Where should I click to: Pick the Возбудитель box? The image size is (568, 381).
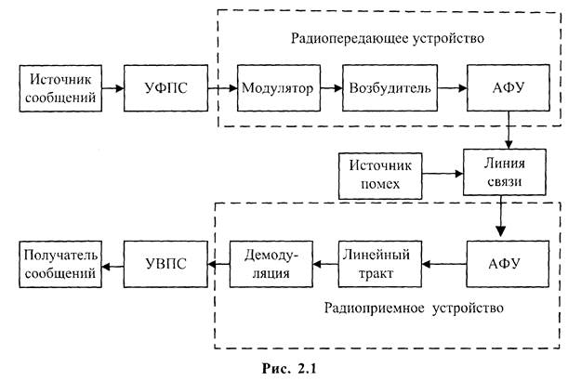[x=390, y=89]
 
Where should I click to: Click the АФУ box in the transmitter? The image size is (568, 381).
[x=504, y=89]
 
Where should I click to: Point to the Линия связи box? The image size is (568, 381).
[x=502, y=171]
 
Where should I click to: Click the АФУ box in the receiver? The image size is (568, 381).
[x=504, y=263]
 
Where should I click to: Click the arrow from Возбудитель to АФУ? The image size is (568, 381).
[x=450, y=89]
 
